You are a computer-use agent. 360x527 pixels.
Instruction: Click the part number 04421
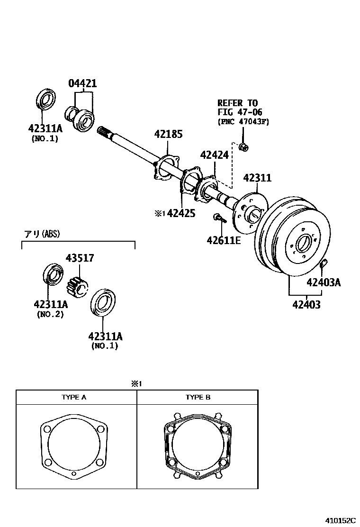click(82, 84)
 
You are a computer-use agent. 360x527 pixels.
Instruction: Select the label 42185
click(168, 134)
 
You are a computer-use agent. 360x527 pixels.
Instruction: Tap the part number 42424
click(214, 155)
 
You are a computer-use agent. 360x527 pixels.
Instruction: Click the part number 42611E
click(224, 240)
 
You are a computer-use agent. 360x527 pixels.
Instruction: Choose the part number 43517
click(80, 258)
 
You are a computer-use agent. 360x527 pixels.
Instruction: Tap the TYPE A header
click(74, 397)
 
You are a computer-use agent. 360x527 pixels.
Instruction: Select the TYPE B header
click(198, 397)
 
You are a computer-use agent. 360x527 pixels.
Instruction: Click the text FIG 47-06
click(240, 112)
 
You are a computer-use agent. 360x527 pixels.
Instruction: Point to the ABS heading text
click(42, 234)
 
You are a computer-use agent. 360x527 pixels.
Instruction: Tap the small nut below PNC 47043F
click(244, 146)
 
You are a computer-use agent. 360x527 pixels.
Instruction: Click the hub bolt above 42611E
click(218, 218)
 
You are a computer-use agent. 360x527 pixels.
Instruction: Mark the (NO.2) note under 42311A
click(50, 314)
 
